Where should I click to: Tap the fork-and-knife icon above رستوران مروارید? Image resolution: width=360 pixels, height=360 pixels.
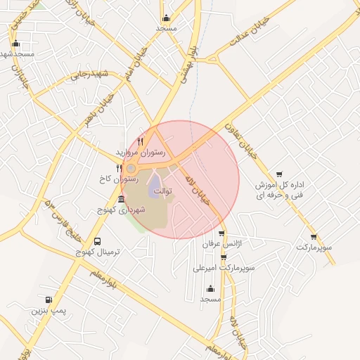tap(141, 141)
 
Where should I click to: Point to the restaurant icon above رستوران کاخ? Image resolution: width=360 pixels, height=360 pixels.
tap(119, 168)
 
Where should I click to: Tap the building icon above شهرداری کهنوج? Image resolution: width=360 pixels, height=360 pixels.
tap(122, 200)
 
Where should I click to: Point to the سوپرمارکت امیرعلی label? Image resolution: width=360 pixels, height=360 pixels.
tap(224, 268)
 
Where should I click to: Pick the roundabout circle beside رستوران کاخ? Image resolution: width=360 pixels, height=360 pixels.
tap(131, 168)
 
